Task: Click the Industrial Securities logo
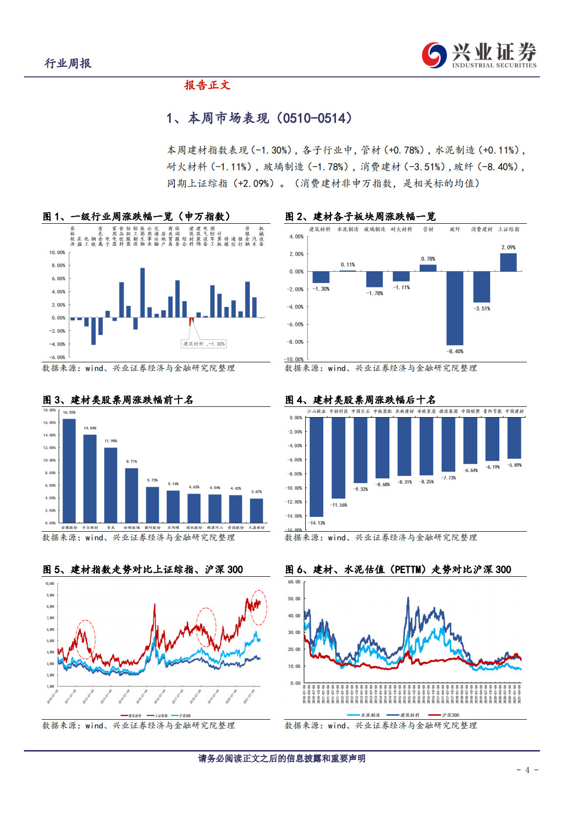tap(479, 55)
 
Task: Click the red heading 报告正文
tap(207, 85)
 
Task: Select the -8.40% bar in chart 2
tap(454, 308)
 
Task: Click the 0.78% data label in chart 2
tap(428, 259)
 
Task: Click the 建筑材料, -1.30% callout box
tap(204, 344)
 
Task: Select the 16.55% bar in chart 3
tap(69, 470)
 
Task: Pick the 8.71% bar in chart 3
tap(132, 495)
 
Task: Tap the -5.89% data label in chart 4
tap(514, 465)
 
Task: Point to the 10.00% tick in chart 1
tap(57, 253)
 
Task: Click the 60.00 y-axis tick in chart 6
tap(294, 582)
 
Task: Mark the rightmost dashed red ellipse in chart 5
tap(259, 607)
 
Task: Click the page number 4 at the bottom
tap(527, 770)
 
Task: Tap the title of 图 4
tap(360, 400)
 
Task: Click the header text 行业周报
tap(68, 63)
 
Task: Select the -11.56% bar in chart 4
tap(338, 458)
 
